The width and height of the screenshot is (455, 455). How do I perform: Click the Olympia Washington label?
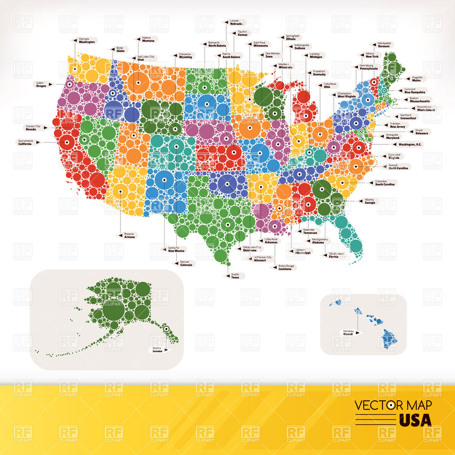pyautogui.click(x=86, y=40)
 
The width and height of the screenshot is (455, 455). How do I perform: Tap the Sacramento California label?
pyautogui.click(x=26, y=143)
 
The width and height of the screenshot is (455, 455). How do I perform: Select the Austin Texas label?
pyautogui.click(x=235, y=276)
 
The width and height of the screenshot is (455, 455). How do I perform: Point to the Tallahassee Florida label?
pyautogui.click(x=336, y=255)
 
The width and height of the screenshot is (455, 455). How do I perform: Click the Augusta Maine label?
pyautogui.click(x=416, y=79)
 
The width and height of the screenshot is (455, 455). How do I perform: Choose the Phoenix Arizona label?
pyautogui.click(x=129, y=235)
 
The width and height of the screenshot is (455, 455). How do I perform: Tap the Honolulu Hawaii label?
pyautogui.click(x=348, y=333)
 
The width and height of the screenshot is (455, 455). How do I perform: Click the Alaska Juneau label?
pyautogui.click(x=157, y=350)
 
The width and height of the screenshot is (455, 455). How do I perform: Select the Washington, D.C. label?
pyautogui.click(x=411, y=144)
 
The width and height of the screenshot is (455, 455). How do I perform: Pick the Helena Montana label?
pyautogui.click(x=148, y=39)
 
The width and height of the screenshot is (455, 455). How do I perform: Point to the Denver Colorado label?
pyautogui.click(x=186, y=263)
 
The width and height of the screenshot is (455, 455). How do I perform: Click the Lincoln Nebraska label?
pyautogui.click(x=236, y=22)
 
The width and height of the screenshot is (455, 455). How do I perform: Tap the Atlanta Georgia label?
pyautogui.click(x=369, y=201)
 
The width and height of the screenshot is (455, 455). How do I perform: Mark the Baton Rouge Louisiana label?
pyautogui.click(x=285, y=267)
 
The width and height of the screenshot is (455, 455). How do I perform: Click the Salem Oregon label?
pyautogui.click(x=41, y=84)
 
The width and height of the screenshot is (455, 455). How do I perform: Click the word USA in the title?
pyautogui.click(x=415, y=420)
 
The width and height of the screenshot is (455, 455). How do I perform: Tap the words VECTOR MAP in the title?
pyautogui.click(x=393, y=405)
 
